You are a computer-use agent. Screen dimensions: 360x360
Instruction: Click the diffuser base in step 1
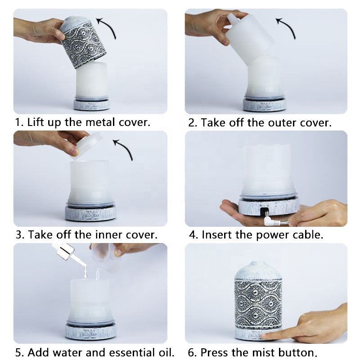click(91, 104)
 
